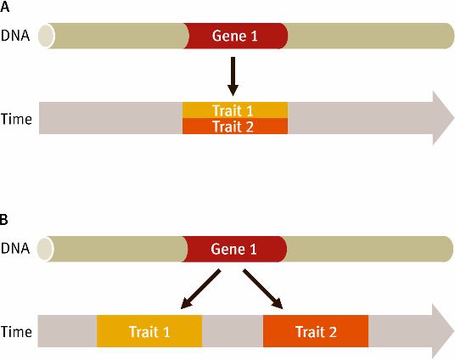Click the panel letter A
4,7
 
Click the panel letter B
4,220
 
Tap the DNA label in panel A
15,36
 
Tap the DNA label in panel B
15,249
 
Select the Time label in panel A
16,119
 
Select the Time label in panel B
16,331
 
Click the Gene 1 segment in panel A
235,36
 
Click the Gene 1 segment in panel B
234,249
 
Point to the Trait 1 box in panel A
235,110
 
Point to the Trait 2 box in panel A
235,126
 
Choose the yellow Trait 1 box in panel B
149,331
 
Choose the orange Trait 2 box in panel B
316,331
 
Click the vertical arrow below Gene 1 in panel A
233,76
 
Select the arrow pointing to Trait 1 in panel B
200,289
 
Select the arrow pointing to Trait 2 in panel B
263,289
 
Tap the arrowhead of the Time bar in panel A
443,118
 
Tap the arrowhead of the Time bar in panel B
443,331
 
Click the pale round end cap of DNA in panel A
47,36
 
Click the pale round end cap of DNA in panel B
46,249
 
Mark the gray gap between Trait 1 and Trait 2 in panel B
233,331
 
